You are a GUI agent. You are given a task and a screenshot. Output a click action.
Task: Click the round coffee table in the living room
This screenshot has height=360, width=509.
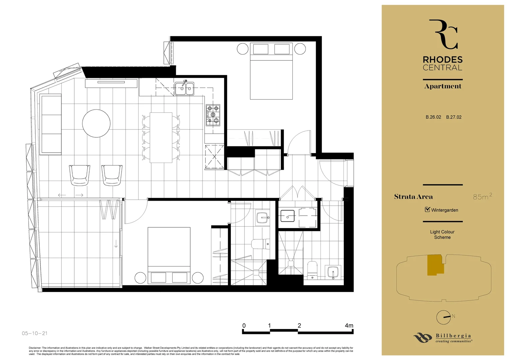[96, 123]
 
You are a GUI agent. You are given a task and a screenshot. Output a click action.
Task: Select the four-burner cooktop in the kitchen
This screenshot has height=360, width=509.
[213, 115]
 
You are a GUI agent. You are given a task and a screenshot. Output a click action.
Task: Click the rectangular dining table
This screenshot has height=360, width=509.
[161, 137]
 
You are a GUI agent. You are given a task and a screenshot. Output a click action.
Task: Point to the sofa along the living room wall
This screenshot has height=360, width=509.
[51, 124]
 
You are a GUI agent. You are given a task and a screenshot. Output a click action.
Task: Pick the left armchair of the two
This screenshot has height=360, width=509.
[80, 175]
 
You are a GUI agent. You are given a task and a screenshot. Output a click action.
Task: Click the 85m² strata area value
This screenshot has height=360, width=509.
[482, 197]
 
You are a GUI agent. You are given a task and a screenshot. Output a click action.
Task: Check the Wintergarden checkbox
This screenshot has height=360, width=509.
[427, 210]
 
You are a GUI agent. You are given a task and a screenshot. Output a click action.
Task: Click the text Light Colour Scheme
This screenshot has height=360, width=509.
[442, 234]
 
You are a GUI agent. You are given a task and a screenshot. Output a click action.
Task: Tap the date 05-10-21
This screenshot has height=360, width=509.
[35, 333]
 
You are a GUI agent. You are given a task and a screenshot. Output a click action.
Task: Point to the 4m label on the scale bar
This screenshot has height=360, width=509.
[349, 325]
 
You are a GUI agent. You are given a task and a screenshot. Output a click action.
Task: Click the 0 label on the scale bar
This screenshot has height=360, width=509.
[244, 325]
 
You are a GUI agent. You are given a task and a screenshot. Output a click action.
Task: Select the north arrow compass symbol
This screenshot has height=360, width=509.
[444, 317]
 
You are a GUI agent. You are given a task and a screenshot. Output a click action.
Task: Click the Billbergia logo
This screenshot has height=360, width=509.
[443, 338]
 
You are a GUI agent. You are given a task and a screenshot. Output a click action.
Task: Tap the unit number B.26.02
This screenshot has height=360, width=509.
[433, 117]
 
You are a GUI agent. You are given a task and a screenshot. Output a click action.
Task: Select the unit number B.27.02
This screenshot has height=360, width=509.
[454, 117]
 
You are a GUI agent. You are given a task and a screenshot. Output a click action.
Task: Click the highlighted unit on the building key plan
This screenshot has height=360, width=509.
[435, 265]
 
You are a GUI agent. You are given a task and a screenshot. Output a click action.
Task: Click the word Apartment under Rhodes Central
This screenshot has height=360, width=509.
[443, 86]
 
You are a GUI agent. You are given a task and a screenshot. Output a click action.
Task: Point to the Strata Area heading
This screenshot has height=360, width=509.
[413, 197]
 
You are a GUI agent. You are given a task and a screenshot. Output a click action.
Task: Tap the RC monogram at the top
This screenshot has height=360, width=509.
[443, 34]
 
